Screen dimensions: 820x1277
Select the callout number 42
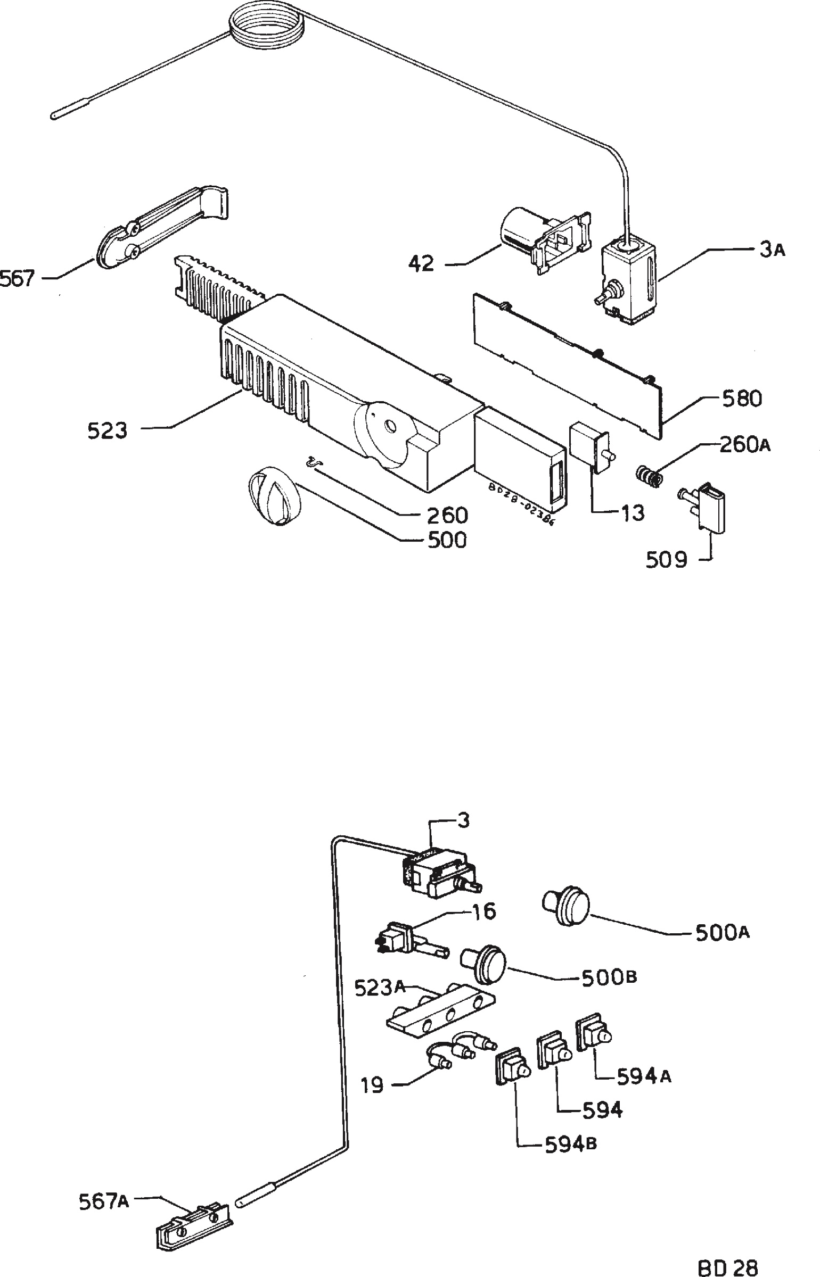(x=422, y=263)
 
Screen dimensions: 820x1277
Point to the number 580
(x=741, y=399)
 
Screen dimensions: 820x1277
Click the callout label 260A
(x=744, y=444)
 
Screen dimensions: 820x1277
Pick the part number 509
(x=667, y=560)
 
